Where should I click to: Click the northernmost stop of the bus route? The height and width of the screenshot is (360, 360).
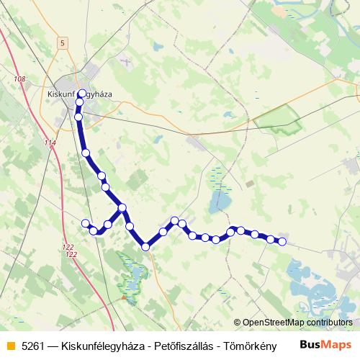81,94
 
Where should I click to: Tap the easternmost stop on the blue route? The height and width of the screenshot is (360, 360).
282,242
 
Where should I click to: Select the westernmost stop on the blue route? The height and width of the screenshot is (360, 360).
86,222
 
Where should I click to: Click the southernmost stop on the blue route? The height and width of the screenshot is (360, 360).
145,247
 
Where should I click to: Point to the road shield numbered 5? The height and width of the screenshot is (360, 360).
63,43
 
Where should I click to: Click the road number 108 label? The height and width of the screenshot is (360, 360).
19,78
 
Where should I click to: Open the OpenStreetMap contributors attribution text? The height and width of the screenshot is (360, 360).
297,323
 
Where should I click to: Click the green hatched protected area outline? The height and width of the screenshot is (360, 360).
278,119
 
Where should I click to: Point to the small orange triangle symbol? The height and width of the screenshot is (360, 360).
125,295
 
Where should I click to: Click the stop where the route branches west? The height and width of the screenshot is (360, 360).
122,208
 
